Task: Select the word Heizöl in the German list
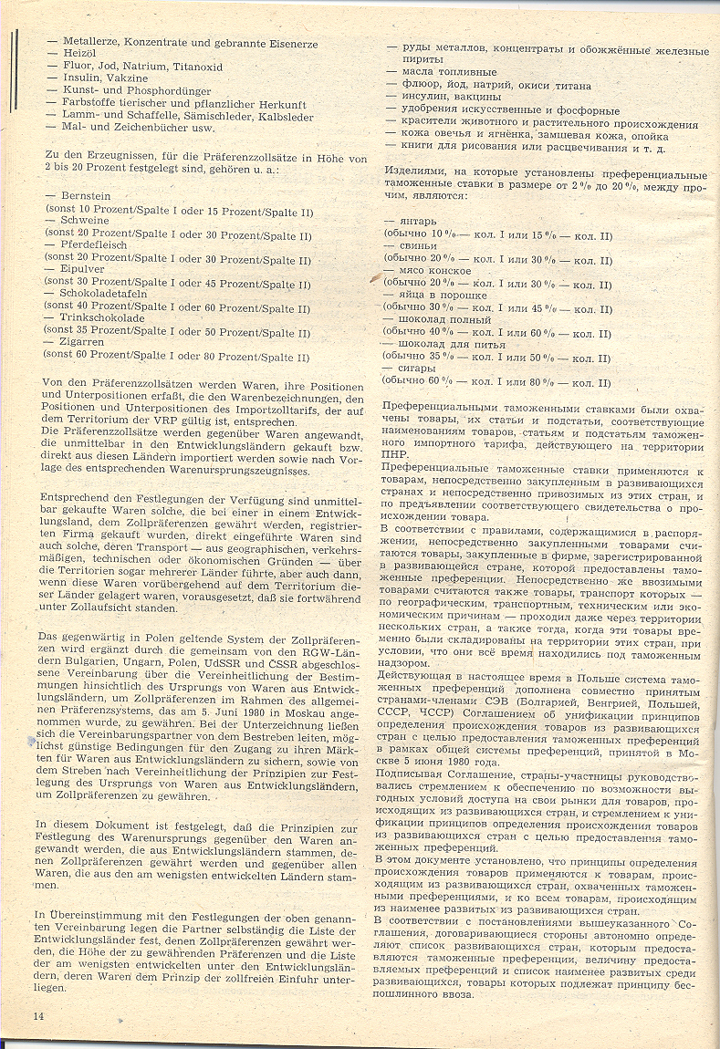point(78,54)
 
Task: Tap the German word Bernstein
point(87,197)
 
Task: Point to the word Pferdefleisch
point(96,246)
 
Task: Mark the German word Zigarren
point(82,343)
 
